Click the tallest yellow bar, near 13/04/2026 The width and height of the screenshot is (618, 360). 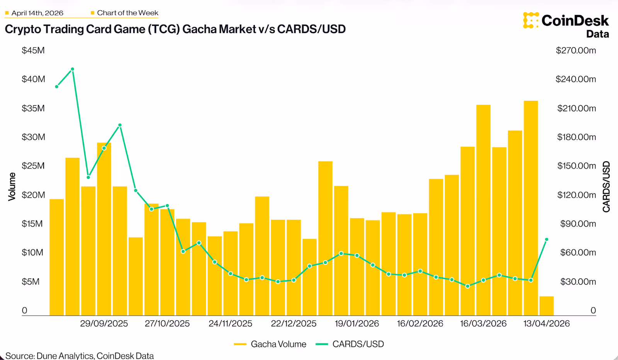pyautogui.click(x=531, y=209)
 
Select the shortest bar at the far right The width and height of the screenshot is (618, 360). pyautogui.click(x=547, y=306)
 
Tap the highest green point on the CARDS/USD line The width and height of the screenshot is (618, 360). pyautogui.click(x=72, y=69)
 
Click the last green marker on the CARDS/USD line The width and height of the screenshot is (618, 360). pyautogui.click(x=547, y=239)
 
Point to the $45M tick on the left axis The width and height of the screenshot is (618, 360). pyautogui.click(x=33, y=51)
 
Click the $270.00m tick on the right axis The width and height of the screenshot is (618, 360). pyautogui.click(x=576, y=51)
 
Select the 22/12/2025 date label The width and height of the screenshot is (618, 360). pyautogui.click(x=294, y=324)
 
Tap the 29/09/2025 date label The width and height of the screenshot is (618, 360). pyautogui.click(x=104, y=324)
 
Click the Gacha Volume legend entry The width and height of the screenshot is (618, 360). pyautogui.click(x=270, y=344)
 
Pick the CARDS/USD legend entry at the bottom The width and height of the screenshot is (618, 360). pyautogui.click(x=350, y=344)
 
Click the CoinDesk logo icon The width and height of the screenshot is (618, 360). pyautogui.click(x=531, y=20)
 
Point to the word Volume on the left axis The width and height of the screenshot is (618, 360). pyautogui.click(x=12, y=187)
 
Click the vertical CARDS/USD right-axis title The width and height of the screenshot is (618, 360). pyautogui.click(x=606, y=187)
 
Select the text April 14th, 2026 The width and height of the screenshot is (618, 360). pyautogui.click(x=37, y=13)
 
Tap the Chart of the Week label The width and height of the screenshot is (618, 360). pyautogui.click(x=127, y=13)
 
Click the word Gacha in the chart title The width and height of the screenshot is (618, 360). pyautogui.click(x=199, y=29)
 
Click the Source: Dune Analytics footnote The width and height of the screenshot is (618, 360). pyautogui.click(x=80, y=355)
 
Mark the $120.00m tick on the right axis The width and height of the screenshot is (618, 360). pyautogui.click(x=576, y=195)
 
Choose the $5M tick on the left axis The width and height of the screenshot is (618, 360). pyautogui.click(x=31, y=282)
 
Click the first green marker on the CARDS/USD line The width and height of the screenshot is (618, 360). pyautogui.click(x=57, y=87)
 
